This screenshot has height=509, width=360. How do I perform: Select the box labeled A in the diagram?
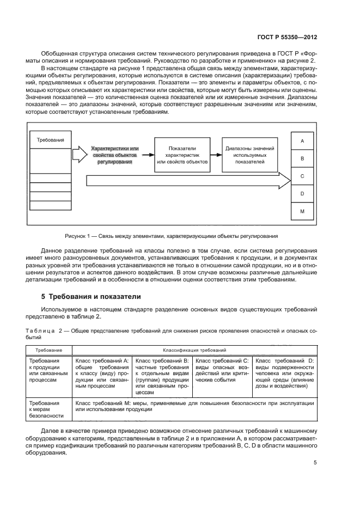point(302,140)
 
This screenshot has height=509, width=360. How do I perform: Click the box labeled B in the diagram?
point(302,158)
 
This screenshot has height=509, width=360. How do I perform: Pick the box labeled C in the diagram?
point(302,176)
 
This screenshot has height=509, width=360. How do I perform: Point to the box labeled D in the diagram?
point(302,193)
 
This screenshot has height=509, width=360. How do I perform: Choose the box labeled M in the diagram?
point(302,211)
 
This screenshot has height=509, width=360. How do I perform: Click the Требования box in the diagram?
point(51,140)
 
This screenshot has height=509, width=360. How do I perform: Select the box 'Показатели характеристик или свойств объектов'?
point(182,155)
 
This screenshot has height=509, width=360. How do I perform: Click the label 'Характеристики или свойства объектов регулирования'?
point(115,155)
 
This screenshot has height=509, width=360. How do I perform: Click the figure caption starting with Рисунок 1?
point(172,236)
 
